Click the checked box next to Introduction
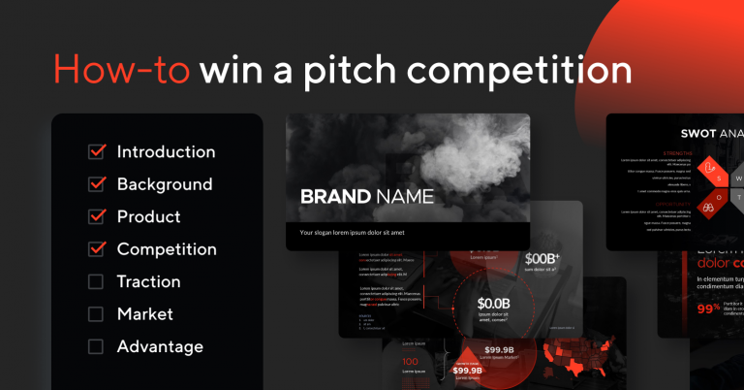pos(96,151)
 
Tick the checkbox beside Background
pos(96,184)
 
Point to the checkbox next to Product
pos(96,216)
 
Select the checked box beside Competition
pos(96,249)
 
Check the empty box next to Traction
pos(96,281)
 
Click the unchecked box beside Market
pos(96,314)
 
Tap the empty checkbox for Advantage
pos(96,346)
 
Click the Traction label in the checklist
pos(148,281)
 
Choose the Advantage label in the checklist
pos(160,346)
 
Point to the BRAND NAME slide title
pos(366,197)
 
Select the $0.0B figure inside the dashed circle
pos(492,303)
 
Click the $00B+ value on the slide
pos(542,259)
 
